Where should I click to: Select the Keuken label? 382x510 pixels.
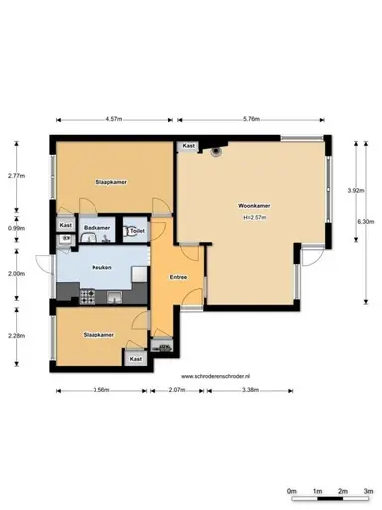[101, 268]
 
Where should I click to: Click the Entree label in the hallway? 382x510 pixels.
[179, 276]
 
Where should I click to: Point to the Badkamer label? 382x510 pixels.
[96, 227]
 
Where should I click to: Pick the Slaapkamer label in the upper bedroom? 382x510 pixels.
[110, 183]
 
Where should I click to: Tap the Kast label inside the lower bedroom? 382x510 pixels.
[136, 358]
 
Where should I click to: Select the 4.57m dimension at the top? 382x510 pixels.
[113, 118]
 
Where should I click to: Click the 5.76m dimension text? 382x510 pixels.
[250, 118]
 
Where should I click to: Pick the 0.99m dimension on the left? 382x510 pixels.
[15, 228]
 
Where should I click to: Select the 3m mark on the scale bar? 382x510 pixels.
[367, 492]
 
